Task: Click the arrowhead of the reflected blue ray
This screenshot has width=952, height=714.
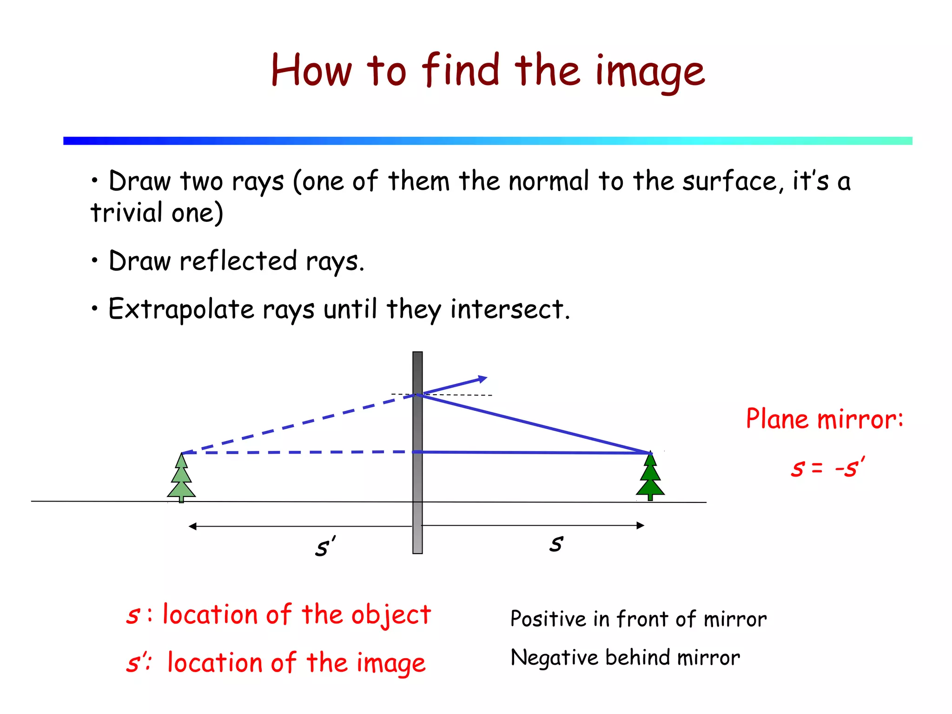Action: [483, 379]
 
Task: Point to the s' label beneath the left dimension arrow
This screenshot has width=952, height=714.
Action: [324, 547]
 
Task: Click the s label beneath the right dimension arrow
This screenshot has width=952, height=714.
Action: [556, 543]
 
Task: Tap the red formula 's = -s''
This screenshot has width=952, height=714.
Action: [827, 467]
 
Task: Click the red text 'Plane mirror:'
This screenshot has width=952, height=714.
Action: [824, 419]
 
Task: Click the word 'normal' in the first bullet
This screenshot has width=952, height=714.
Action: [549, 181]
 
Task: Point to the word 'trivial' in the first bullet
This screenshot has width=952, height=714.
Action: [126, 213]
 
